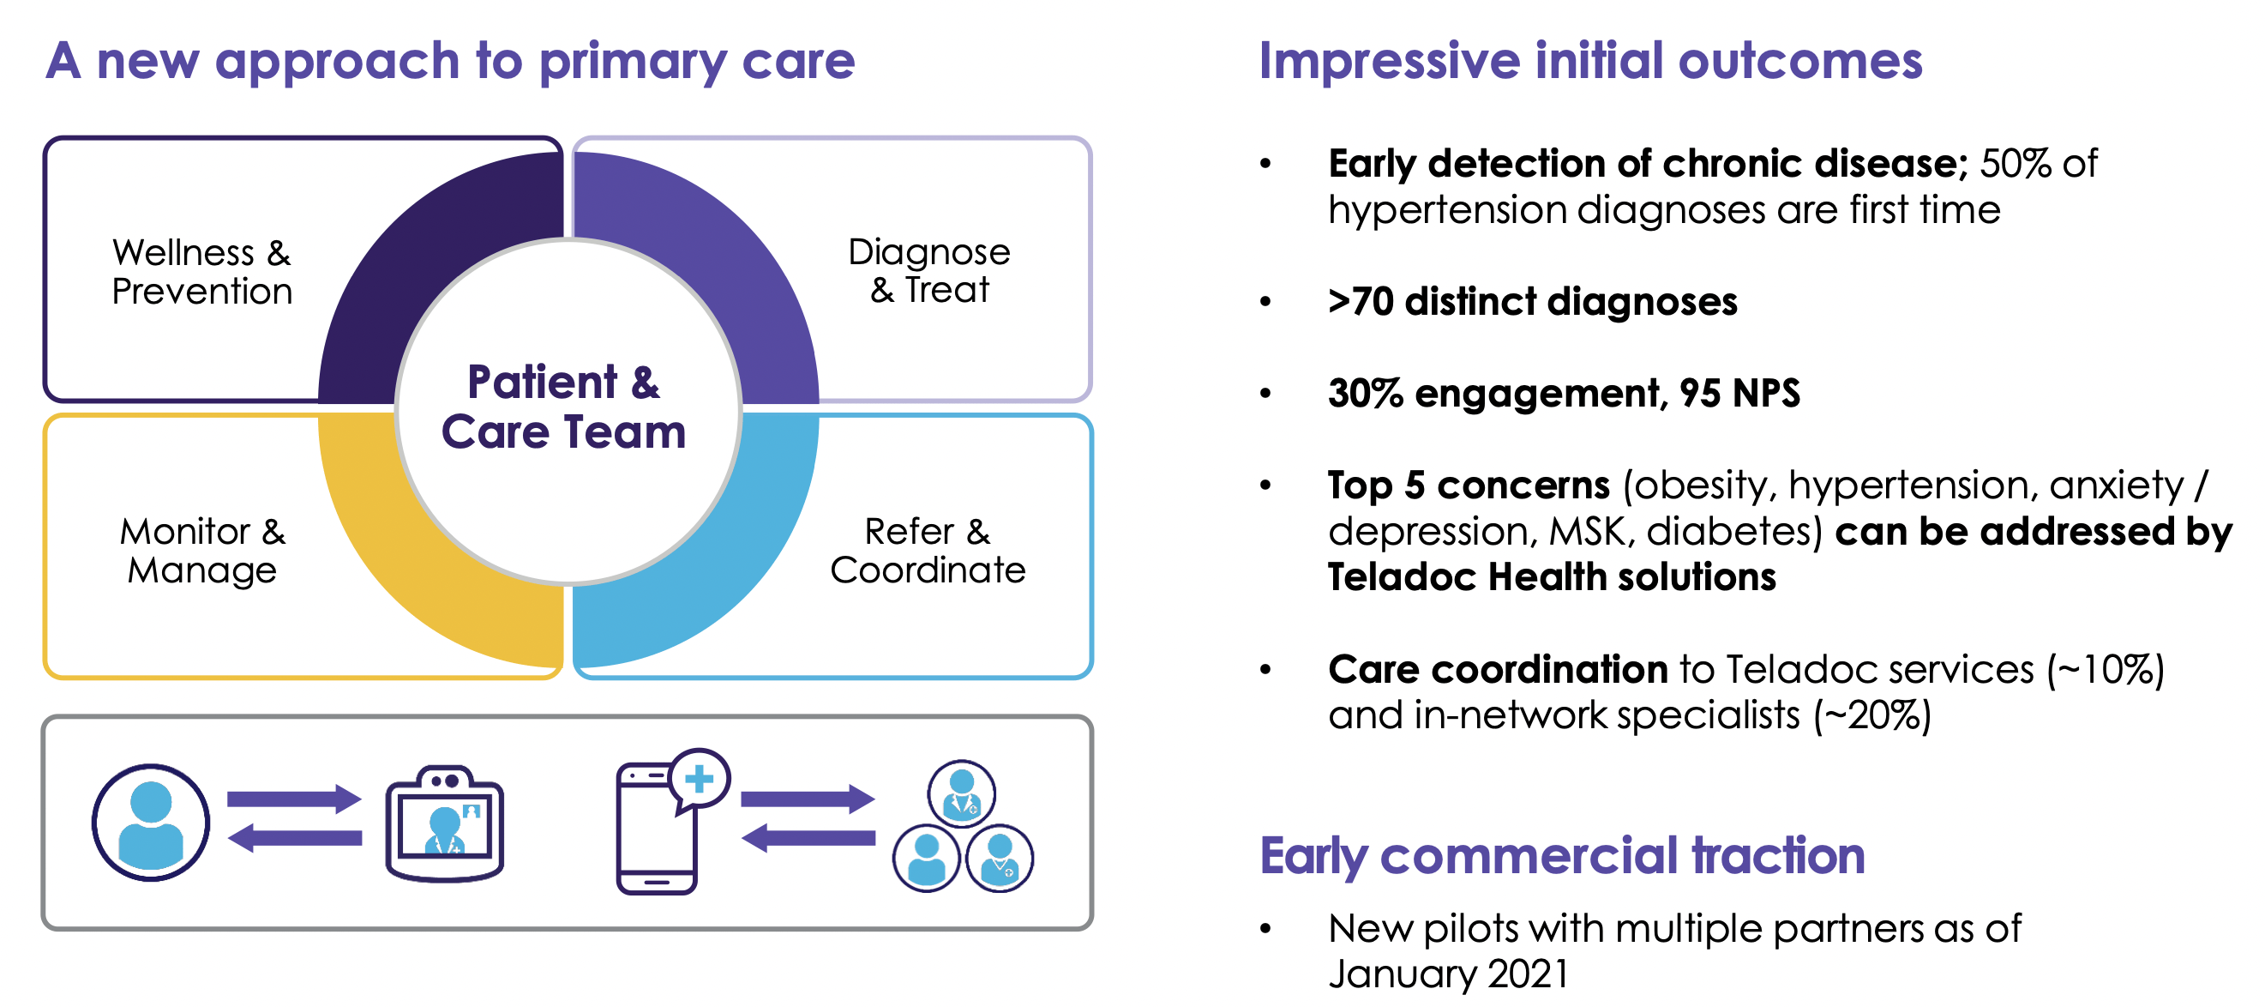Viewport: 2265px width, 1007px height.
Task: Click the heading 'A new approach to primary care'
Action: [x=450, y=62]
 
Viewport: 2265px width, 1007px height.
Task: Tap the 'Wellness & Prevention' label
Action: [x=201, y=272]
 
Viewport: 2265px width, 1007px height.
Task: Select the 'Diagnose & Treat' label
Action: [x=929, y=271]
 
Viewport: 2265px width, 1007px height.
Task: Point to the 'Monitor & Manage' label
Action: [x=202, y=551]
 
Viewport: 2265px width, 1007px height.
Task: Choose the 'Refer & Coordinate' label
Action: [x=928, y=551]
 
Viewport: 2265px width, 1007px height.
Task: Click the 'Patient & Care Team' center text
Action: [x=563, y=407]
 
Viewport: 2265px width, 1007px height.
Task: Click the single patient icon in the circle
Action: [x=151, y=823]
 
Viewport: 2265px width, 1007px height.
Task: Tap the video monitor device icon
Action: [x=445, y=824]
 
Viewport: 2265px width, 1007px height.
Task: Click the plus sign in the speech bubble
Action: [x=700, y=778]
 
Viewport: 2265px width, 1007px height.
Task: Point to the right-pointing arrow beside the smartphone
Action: [x=808, y=799]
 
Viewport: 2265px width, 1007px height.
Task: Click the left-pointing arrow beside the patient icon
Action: [x=295, y=837]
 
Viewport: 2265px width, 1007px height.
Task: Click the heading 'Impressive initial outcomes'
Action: [x=1590, y=62]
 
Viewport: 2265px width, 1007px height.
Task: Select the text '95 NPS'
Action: [x=1740, y=393]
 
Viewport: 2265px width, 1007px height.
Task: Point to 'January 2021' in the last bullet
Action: [x=1449, y=974]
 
